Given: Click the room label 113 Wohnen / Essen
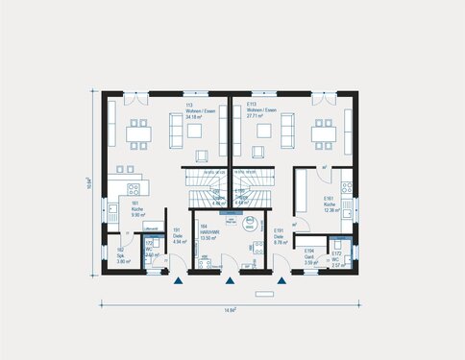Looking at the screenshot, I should tap(199, 112).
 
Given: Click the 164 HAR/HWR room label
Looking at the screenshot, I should tap(205, 232).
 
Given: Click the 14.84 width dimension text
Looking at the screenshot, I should tap(231, 309).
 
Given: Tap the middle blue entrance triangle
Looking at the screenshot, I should tap(229, 282).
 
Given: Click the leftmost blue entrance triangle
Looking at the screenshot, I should tap(178, 282).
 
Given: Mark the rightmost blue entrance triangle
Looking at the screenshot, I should tap(281, 282).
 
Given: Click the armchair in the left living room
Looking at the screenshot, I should tap(202, 155).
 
